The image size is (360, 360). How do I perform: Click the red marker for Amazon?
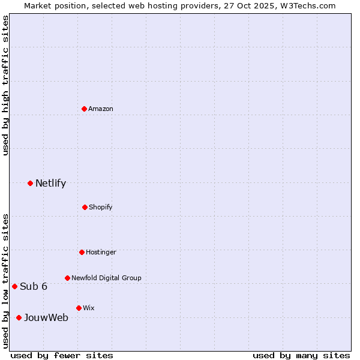[85, 109]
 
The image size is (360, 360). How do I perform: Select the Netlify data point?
[30, 183]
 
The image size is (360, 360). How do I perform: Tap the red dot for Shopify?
[85, 207]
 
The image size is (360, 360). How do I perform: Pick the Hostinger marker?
[82, 252]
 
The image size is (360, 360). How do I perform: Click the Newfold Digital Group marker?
[67, 278]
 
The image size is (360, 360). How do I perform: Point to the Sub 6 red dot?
[14, 286]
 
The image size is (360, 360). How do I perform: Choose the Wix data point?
[79, 308]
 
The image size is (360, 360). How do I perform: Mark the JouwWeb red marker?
[19, 317]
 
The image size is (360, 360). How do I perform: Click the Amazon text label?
[101, 109]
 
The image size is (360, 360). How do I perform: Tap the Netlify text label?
[50, 183]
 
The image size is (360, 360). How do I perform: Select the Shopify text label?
[101, 207]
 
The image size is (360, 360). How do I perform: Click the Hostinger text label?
[101, 252]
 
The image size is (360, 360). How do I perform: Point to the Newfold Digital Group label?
[106, 278]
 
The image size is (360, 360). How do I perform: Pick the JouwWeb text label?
[46, 317]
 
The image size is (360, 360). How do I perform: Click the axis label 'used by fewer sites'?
[62, 355]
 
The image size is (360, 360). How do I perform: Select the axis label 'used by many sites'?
[301, 355]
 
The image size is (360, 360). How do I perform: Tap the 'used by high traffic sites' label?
[5, 85]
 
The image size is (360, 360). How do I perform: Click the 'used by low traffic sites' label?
[5, 280]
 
